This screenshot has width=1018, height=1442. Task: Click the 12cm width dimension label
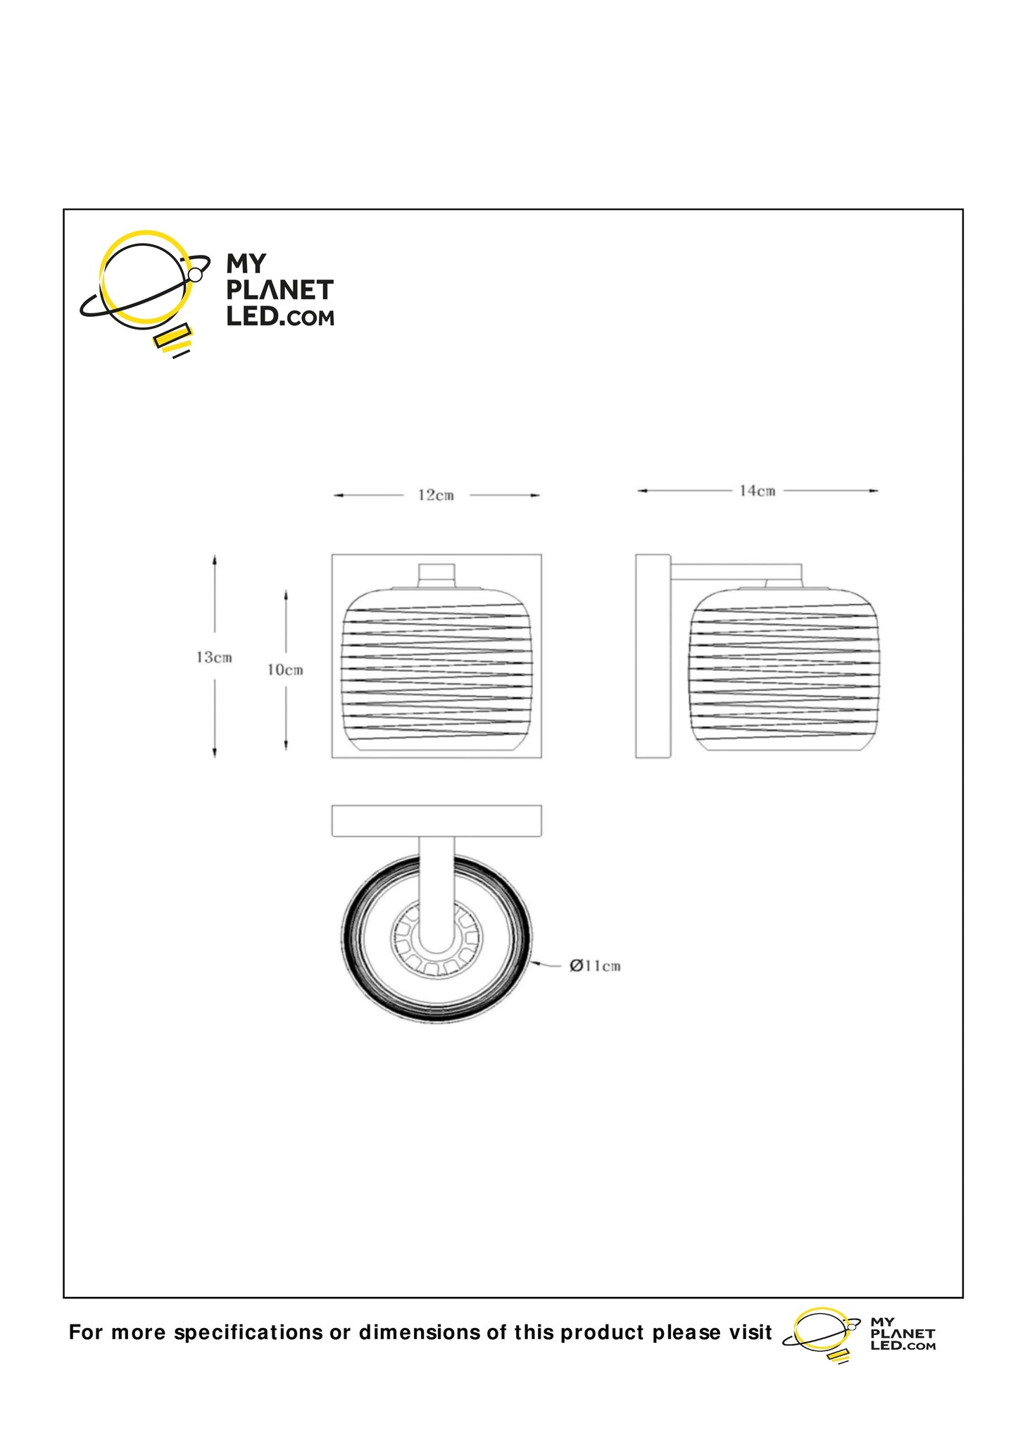[x=436, y=496]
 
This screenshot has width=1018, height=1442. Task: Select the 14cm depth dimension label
[x=757, y=491]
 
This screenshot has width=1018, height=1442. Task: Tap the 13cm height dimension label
[x=214, y=658]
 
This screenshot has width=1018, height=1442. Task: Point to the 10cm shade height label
[x=285, y=670]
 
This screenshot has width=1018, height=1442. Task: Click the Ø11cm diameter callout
[x=595, y=965]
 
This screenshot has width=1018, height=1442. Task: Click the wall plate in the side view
[x=653, y=656]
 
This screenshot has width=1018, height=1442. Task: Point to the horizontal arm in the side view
[x=736, y=572]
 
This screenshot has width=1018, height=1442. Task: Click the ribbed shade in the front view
[x=436, y=669]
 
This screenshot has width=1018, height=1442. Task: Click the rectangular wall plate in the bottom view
[x=436, y=821]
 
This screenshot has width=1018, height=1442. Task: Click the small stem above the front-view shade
[x=436, y=574]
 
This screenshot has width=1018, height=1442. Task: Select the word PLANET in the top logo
[x=279, y=291]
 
